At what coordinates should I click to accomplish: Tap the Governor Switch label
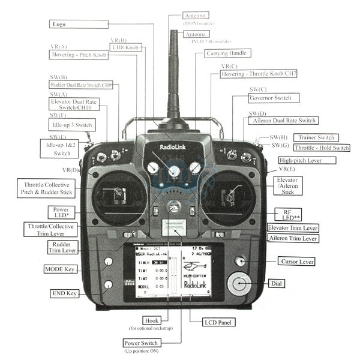tap(273, 98)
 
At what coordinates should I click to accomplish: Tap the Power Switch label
tap(140, 343)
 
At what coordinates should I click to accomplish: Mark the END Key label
tap(64, 294)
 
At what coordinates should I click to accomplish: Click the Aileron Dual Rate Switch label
tap(281, 121)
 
